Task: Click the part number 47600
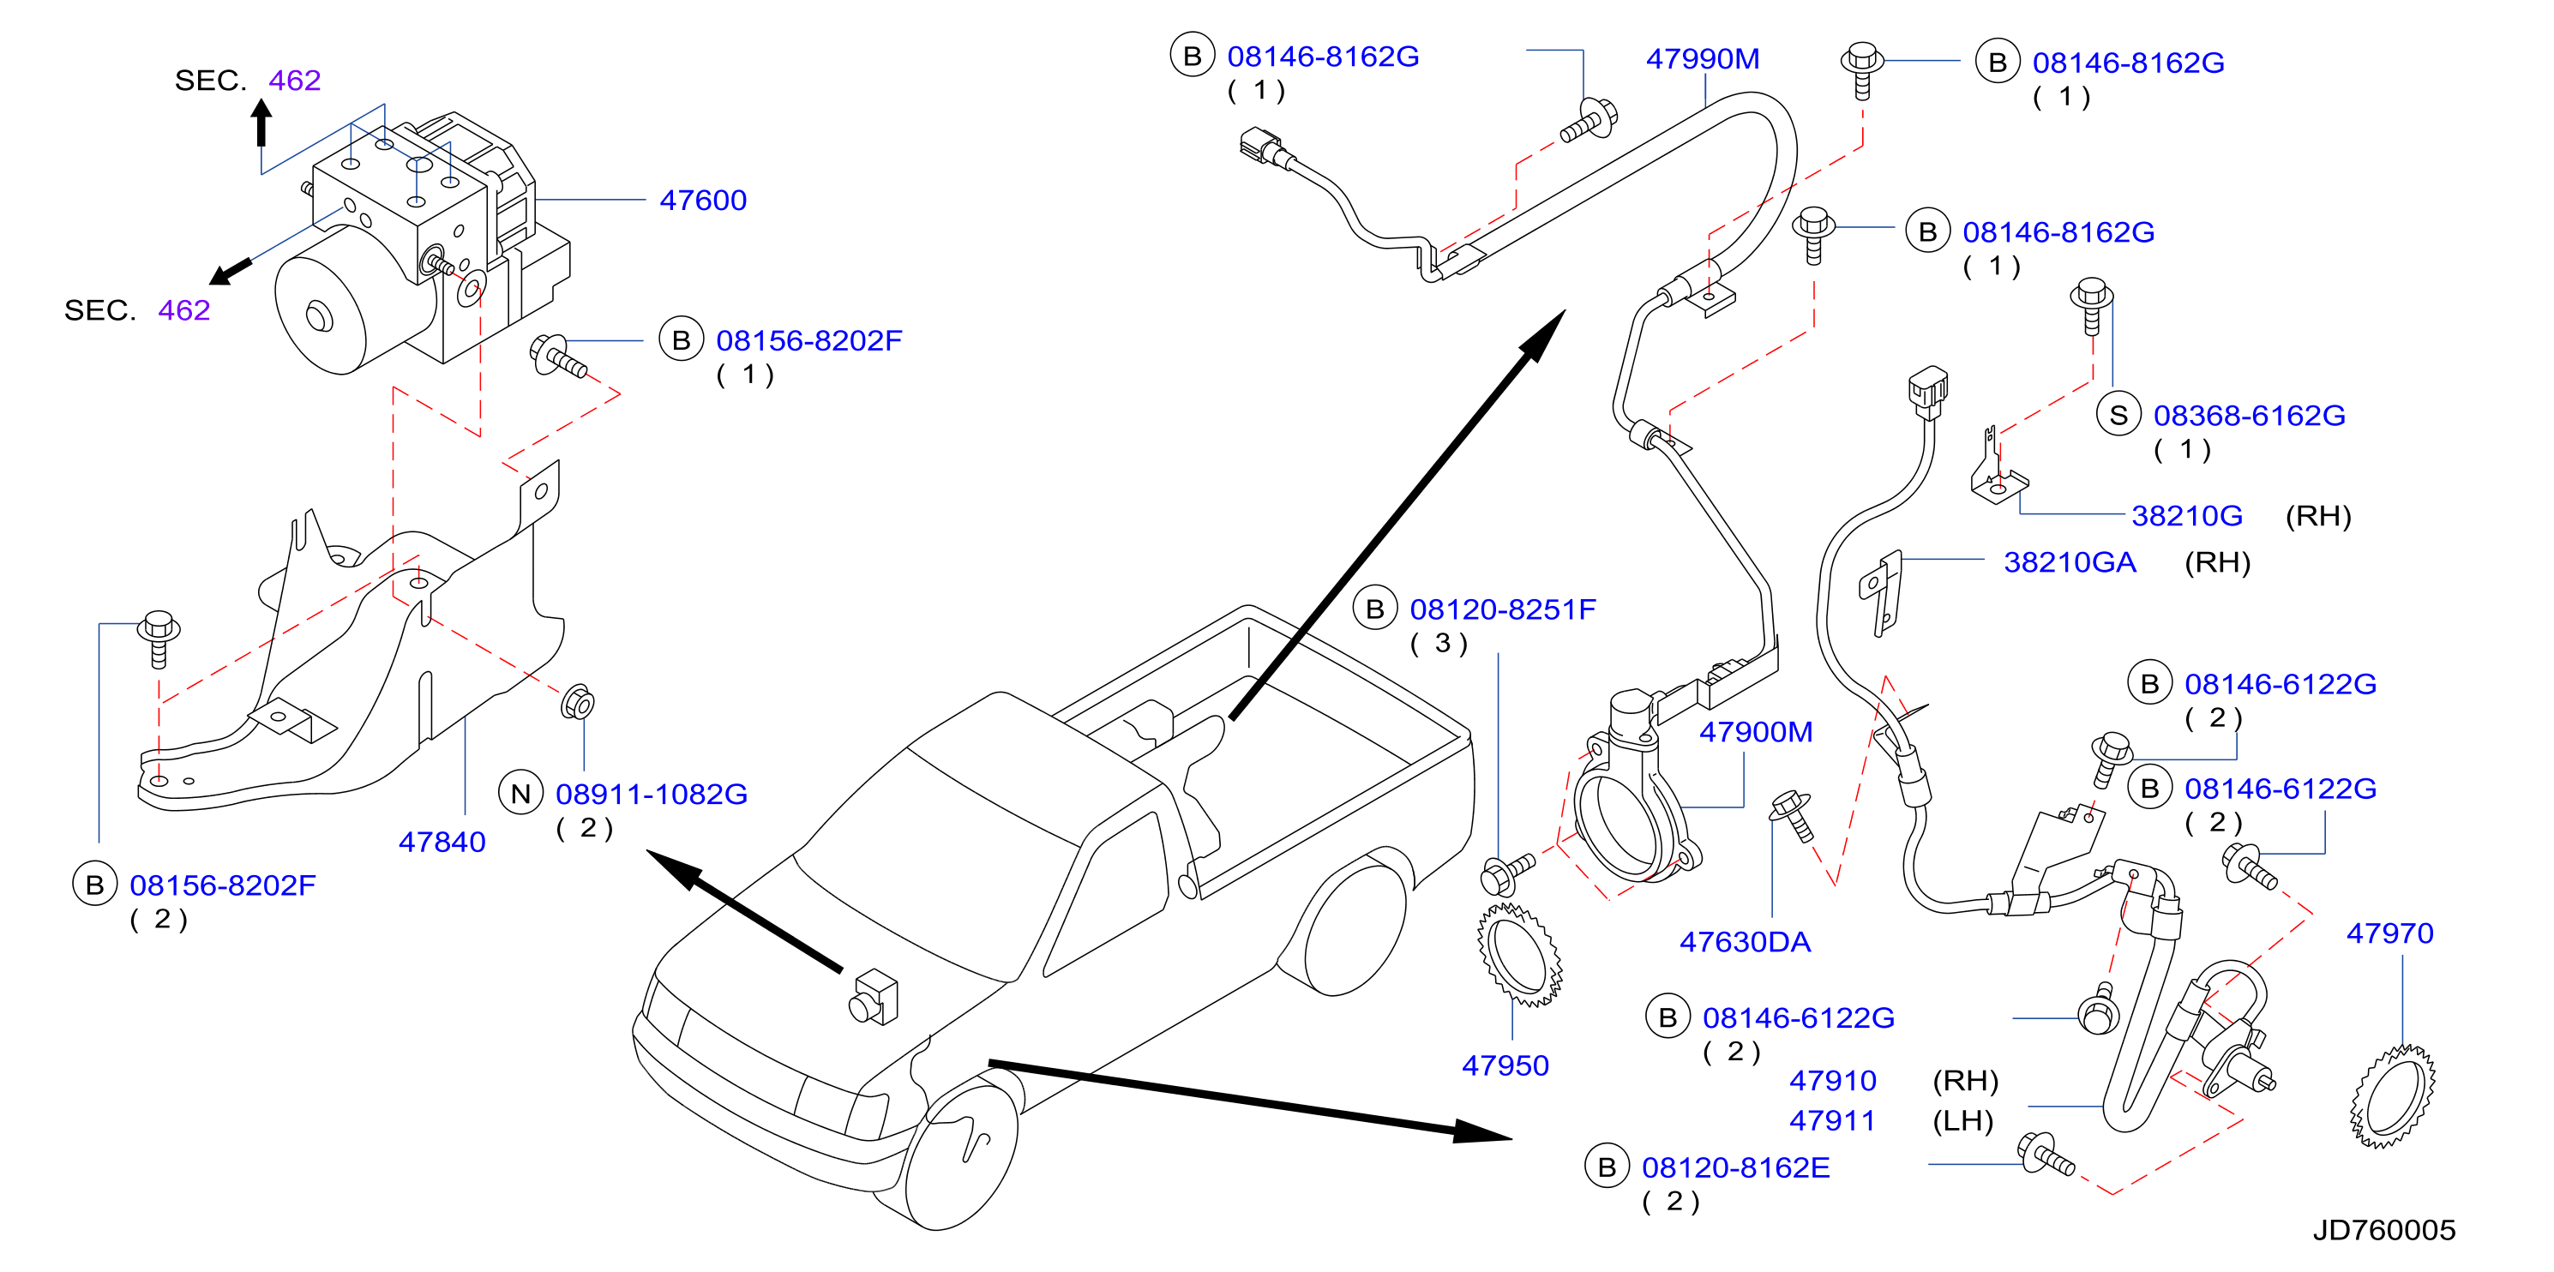703,201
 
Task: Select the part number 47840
442,842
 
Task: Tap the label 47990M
1703,59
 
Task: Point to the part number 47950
1505,1065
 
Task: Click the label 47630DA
1745,942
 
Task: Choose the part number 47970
2389,933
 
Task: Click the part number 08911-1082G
652,794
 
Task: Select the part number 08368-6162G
2250,416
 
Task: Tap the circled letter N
520,793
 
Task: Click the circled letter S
2118,416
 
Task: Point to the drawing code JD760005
2383,1230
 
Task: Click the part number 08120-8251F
1503,609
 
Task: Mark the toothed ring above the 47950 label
1520,955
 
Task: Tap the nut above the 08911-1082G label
577,703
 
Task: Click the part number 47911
1832,1120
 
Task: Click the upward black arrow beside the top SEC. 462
261,123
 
